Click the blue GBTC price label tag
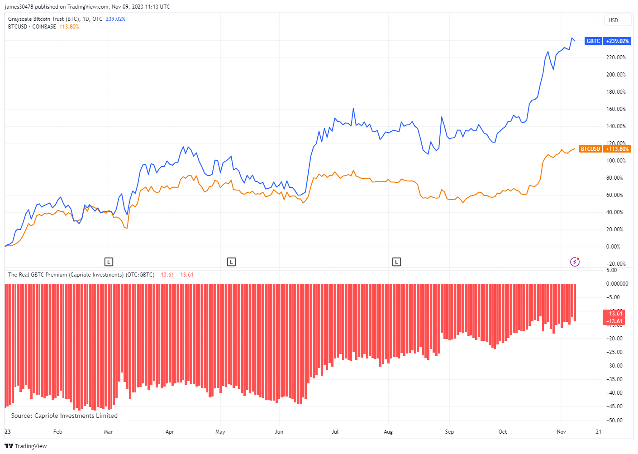click(607, 41)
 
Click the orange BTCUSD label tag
click(605, 149)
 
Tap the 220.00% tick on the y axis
click(616, 57)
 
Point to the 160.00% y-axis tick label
click(616, 109)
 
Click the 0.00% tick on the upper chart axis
click(613, 247)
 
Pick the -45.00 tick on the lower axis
click(614, 406)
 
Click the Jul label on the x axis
click(335, 432)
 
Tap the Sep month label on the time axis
click(449, 432)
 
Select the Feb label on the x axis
click(57, 432)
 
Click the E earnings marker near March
click(109, 262)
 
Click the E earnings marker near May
click(231, 262)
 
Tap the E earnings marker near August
click(396, 262)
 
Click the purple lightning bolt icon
click(575, 262)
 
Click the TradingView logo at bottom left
click(26, 446)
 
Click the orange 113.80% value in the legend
click(69, 27)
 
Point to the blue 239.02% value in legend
click(115, 19)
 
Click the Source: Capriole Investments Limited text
click(64, 416)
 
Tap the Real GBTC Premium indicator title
click(81, 275)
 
